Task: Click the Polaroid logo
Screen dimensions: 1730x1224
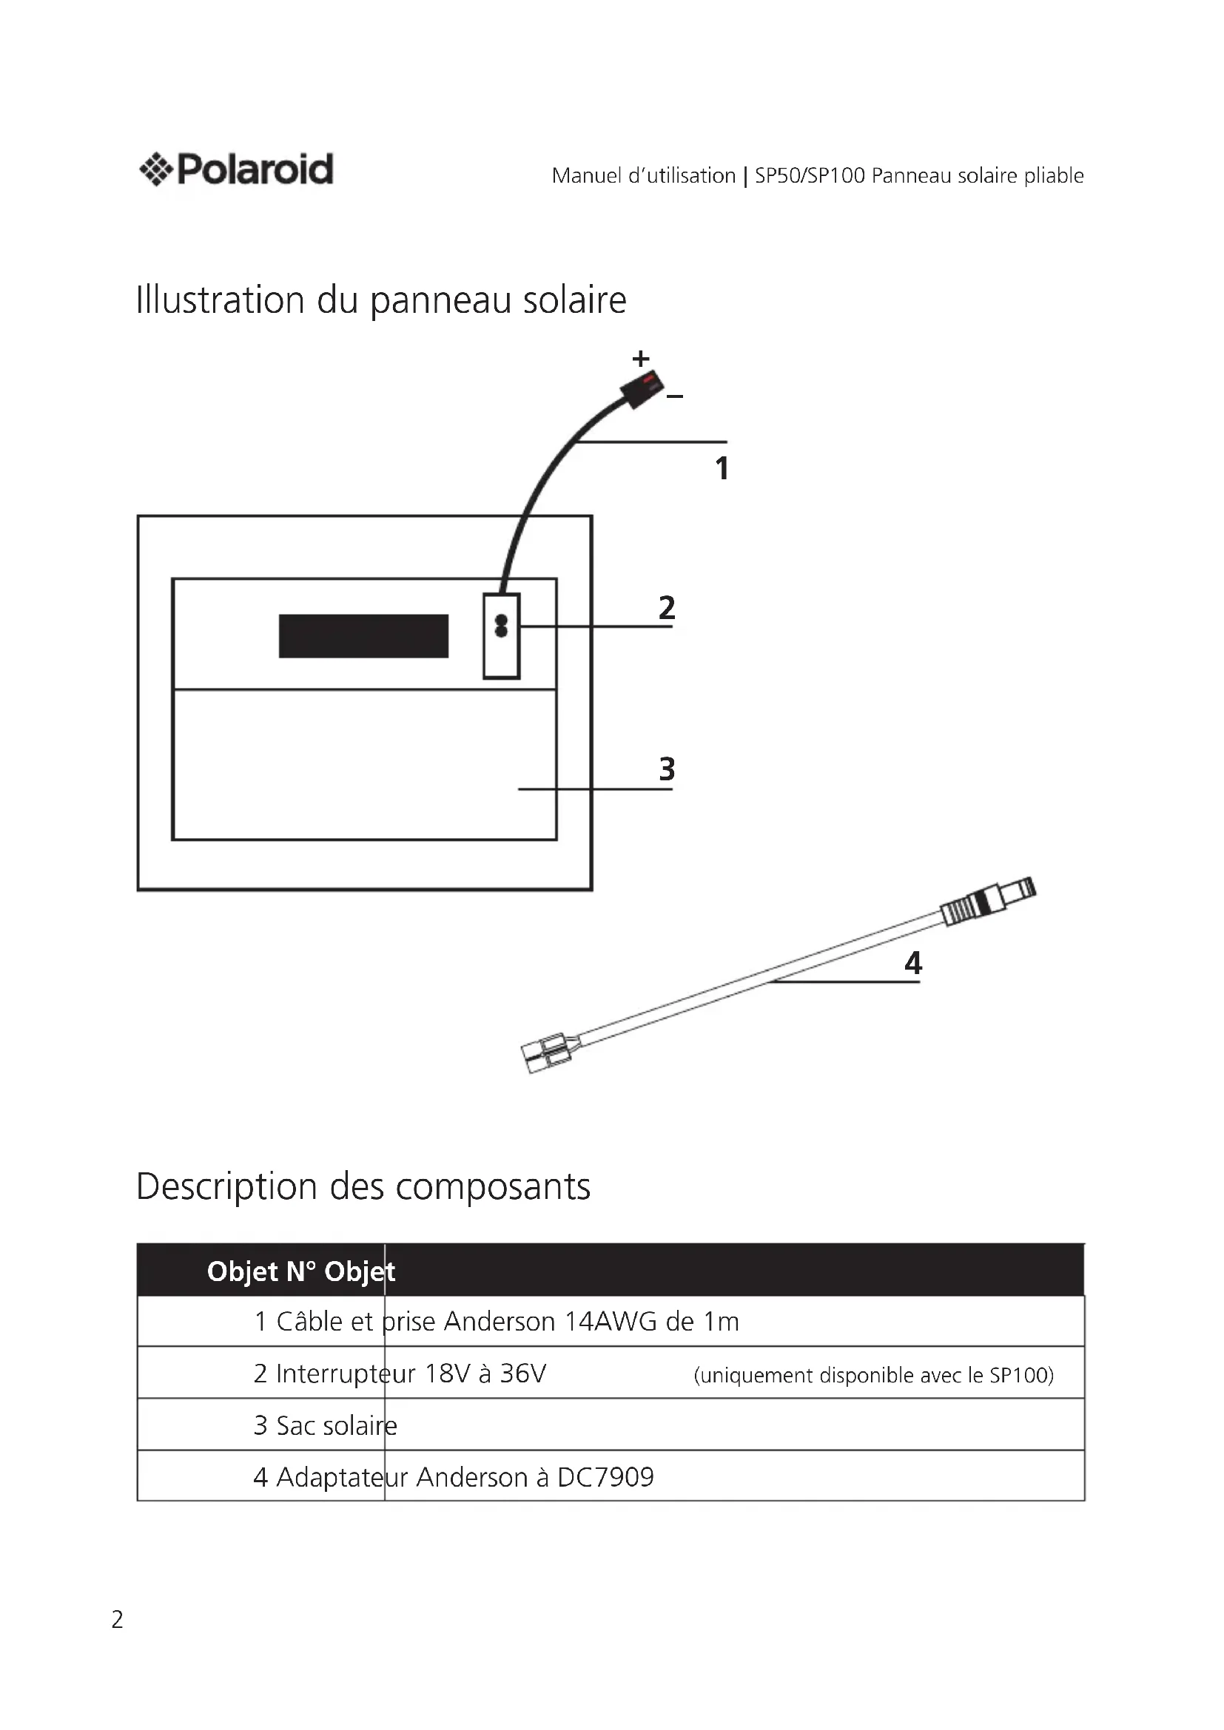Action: (236, 169)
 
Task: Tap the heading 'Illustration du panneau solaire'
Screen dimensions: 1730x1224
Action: (380, 300)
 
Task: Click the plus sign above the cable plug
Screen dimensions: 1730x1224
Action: (641, 359)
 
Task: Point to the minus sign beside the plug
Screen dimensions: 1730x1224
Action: (676, 396)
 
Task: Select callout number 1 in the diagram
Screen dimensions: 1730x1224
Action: (722, 468)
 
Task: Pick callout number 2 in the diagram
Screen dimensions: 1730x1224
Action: (667, 607)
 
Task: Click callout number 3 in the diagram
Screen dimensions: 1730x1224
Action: (667, 769)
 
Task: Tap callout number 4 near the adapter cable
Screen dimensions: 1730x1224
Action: (912, 963)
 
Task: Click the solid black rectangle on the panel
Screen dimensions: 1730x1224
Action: (363, 636)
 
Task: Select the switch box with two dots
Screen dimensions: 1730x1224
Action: (501, 636)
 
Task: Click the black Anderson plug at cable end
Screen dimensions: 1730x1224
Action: (641, 389)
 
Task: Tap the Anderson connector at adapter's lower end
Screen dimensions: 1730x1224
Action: (545, 1051)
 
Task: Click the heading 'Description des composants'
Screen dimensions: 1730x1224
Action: (363, 1186)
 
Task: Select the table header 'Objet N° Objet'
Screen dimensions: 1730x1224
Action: (300, 1272)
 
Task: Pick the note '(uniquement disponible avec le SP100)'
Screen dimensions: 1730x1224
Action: (872, 1375)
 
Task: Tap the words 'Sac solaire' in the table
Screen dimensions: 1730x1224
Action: (336, 1425)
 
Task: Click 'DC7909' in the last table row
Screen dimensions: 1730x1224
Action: (605, 1477)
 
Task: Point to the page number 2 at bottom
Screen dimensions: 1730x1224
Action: (118, 1619)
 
